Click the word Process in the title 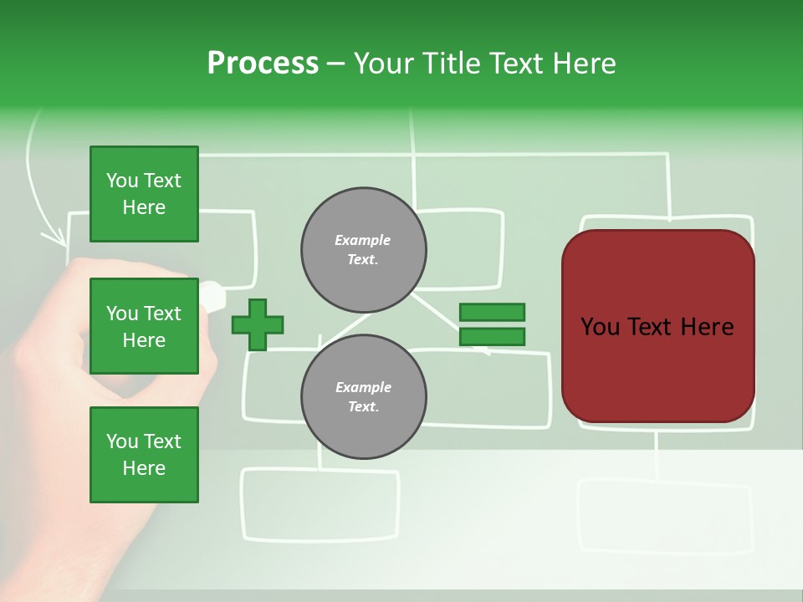pos(263,64)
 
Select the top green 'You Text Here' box pos(144,194)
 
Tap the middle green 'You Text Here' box pos(144,326)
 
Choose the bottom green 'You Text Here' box pos(144,455)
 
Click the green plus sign pos(258,325)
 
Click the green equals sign pos(492,324)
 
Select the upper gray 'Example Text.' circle pos(364,250)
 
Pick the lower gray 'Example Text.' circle pos(364,397)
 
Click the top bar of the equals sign pos(492,313)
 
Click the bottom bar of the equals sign pos(492,336)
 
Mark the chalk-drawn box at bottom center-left pos(320,503)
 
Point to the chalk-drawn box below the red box pos(664,515)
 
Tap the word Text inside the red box pos(658,327)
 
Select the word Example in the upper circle pos(363,241)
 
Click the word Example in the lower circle pos(363,388)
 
